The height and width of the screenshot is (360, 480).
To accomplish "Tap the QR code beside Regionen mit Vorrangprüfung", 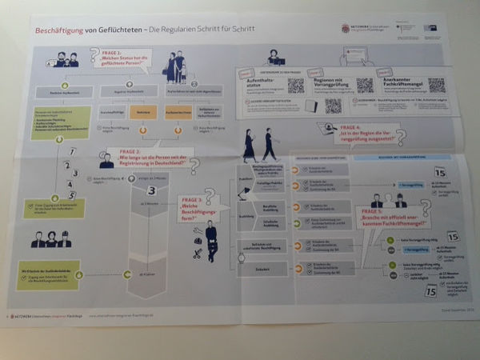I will pos(364,86).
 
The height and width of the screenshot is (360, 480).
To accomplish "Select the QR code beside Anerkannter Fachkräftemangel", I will pos(435,85).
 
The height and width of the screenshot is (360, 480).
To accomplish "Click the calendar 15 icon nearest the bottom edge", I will pos(430,290).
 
